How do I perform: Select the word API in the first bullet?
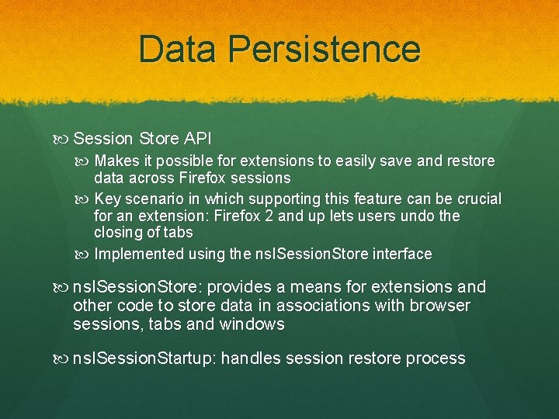click(197, 139)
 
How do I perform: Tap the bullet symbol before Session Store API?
click(63, 139)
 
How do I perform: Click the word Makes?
click(114, 161)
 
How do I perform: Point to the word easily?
click(368, 161)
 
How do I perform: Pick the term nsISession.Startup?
click(144, 358)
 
